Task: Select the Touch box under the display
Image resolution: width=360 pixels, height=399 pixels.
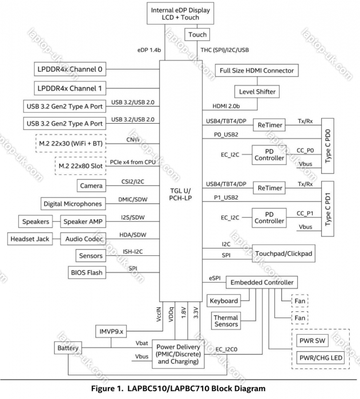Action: coord(197,35)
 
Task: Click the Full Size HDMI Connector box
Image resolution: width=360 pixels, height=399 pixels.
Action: coord(257,71)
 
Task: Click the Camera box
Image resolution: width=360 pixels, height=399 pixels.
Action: coord(91,186)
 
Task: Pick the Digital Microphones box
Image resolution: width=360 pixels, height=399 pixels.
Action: coord(72,203)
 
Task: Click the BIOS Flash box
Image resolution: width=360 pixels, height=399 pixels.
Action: coord(87,272)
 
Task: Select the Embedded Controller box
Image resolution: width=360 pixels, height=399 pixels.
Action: coord(261,283)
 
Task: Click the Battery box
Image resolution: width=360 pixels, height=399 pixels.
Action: coord(67,348)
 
